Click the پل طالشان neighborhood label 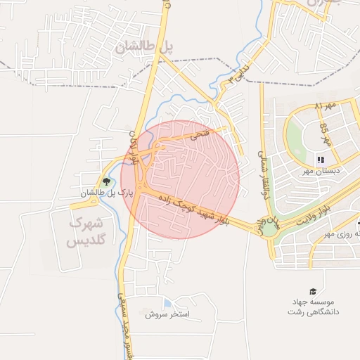tap(144, 47)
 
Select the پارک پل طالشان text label tap(105, 193)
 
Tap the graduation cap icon tap(312, 291)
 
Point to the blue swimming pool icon tap(166, 302)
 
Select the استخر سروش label tap(168, 314)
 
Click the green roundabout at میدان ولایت tap(269, 227)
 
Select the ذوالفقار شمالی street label tap(264, 176)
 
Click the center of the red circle tap(180, 179)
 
